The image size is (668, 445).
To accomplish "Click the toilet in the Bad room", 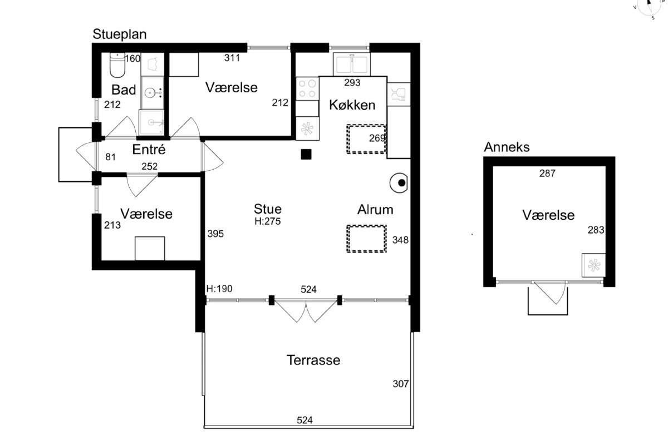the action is point(117,65).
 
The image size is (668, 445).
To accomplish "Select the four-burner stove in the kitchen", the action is point(307,88).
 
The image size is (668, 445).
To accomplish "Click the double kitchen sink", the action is point(352,65).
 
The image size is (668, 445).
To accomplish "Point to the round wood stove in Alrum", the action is point(399,182).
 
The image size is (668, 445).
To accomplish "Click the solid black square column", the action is point(306,155).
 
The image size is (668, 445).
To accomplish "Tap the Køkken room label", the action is point(352,105).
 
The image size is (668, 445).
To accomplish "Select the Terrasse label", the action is point(313,360).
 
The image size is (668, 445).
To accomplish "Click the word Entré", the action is point(149,149).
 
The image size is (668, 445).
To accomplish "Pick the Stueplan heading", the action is point(120,34).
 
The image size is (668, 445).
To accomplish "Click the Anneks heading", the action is point(507,147).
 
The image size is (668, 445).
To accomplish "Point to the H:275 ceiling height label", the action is point(268,221).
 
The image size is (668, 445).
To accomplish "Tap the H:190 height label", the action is point(219,289).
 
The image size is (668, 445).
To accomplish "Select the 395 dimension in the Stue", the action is point(215,234).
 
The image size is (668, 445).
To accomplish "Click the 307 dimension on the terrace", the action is point(400,384).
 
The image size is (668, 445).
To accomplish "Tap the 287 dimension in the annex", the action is point(547,173).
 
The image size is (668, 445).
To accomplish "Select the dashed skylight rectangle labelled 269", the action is point(366,139).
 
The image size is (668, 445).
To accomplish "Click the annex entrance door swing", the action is point(550,293).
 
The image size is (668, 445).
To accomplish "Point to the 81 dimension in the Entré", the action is point(110,157).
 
